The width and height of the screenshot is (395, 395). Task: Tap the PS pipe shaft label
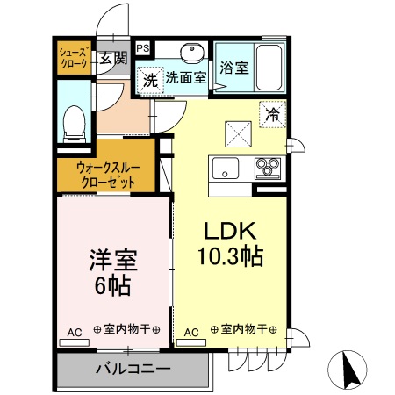click(140, 49)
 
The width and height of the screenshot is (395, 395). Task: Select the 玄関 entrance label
click(112, 59)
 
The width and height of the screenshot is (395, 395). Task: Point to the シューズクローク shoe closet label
click(74, 59)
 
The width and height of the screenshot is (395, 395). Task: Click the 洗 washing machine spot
click(150, 78)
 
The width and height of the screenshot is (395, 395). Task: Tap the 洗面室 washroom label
click(186, 77)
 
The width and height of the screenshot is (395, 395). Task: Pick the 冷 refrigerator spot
click(272, 114)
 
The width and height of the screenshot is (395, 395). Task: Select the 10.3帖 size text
click(230, 257)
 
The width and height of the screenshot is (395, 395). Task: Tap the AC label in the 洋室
click(74, 332)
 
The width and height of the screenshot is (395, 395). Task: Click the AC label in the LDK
click(191, 332)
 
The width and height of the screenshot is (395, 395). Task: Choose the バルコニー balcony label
click(133, 368)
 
